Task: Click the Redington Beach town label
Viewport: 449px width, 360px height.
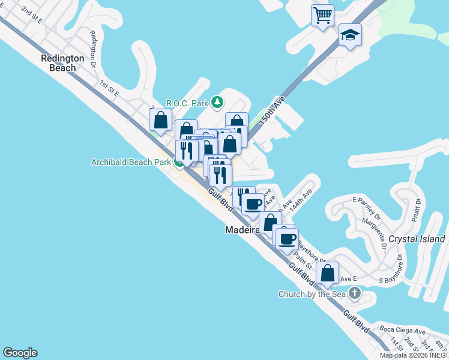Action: tap(58, 63)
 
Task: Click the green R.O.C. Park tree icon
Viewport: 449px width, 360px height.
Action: tap(217, 103)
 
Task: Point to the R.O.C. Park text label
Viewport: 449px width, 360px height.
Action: tap(186, 103)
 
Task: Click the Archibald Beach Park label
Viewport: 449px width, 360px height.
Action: tap(131, 162)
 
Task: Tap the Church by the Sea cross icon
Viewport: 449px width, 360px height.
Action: tap(355, 293)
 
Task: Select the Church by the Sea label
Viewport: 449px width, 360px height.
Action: tap(312, 294)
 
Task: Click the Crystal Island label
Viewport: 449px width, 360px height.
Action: tap(417, 239)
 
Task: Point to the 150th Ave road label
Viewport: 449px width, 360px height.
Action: tap(271, 110)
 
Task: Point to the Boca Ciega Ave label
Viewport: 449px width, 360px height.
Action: tap(403, 331)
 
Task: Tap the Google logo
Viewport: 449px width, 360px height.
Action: tap(20, 353)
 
